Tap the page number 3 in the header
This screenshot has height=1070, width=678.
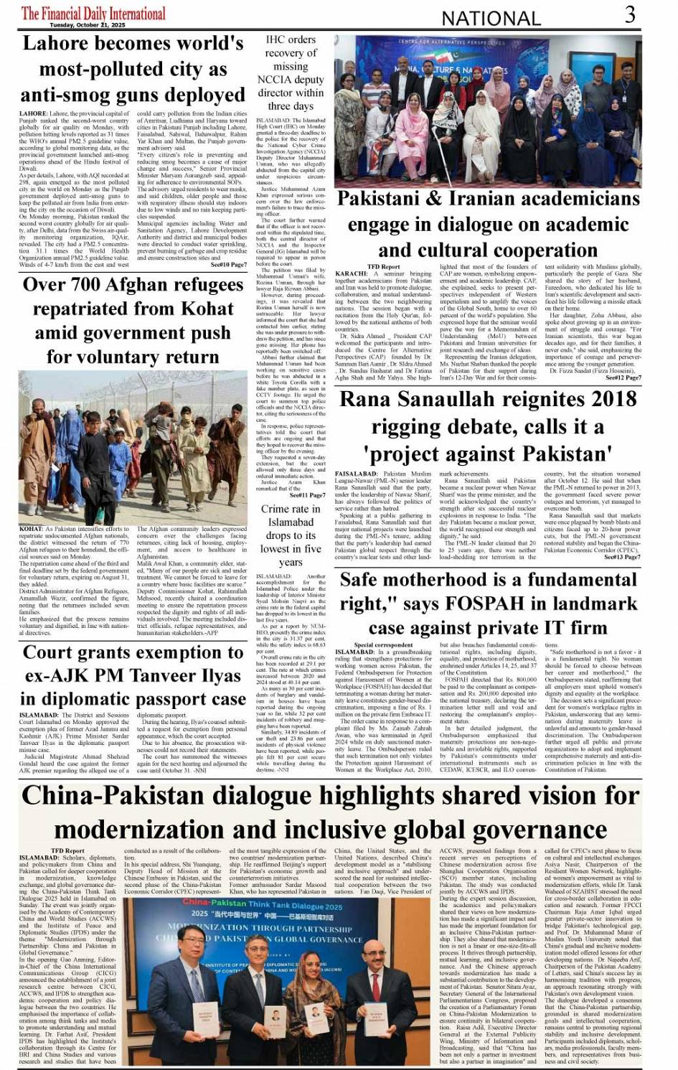(x=629, y=14)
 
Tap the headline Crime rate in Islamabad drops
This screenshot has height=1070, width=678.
(x=290, y=536)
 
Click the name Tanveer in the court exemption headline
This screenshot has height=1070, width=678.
(x=159, y=676)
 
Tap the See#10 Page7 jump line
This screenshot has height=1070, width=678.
(x=229, y=265)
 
